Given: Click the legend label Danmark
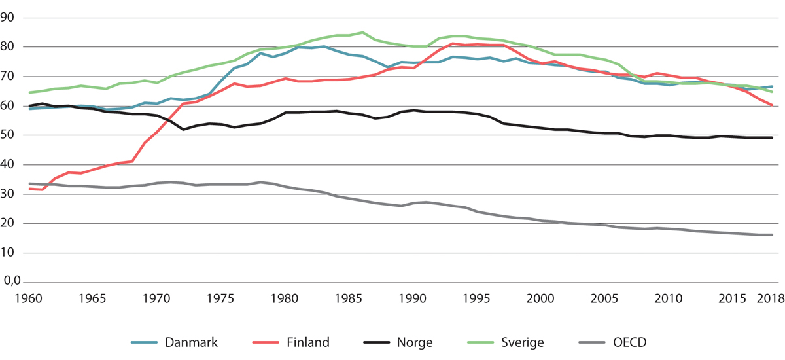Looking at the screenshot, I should pos(190,342).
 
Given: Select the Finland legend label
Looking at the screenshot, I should pos(307,342).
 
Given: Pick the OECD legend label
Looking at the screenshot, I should pos(631,342).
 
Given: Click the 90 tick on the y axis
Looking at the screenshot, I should pos(9,18).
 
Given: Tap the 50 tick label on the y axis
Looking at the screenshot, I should pos(9,135).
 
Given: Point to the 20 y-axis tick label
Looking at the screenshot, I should pos(9,224).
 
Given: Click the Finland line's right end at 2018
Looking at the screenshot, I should pos(772,105).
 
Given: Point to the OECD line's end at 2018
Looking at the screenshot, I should pos(772,235).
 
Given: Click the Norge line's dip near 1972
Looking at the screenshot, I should pos(184,130).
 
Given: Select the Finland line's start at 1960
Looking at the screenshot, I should pos(30,189).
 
